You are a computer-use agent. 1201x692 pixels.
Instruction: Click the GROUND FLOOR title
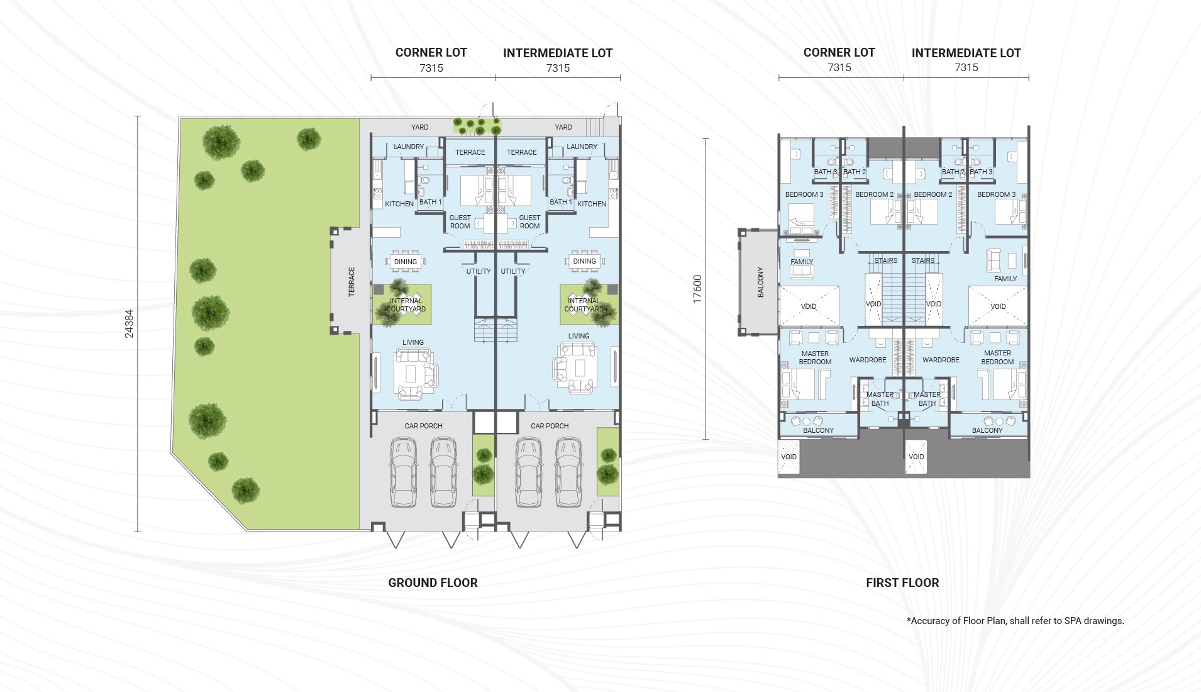point(433,583)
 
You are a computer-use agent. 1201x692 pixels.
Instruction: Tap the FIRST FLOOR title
point(902,583)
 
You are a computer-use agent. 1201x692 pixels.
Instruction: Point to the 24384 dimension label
point(129,324)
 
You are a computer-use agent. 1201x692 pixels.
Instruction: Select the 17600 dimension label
point(697,289)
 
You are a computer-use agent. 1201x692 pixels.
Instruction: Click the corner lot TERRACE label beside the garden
point(351,282)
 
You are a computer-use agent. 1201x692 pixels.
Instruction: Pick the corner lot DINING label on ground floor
point(406,262)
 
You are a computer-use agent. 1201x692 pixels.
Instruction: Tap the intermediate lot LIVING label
point(579,336)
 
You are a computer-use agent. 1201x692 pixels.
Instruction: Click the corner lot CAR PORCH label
point(424,426)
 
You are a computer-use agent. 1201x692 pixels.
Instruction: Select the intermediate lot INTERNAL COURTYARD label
point(584,305)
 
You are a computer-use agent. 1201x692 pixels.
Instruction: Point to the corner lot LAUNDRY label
point(409,147)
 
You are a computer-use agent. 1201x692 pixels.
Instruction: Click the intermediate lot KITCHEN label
point(592,204)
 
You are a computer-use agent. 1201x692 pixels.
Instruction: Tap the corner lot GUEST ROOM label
point(460,222)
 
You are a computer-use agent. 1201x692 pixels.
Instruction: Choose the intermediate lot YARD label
point(563,127)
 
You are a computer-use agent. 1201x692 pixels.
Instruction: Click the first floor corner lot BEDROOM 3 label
point(804,194)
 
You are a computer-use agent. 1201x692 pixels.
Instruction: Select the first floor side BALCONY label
point(760,282)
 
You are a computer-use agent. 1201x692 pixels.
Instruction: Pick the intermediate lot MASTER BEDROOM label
point(997,357)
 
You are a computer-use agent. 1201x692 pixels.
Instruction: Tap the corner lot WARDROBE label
point(868,360)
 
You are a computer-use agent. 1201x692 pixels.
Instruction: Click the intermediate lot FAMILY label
point(1005,279)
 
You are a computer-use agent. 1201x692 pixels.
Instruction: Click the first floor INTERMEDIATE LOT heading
point(966,53)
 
